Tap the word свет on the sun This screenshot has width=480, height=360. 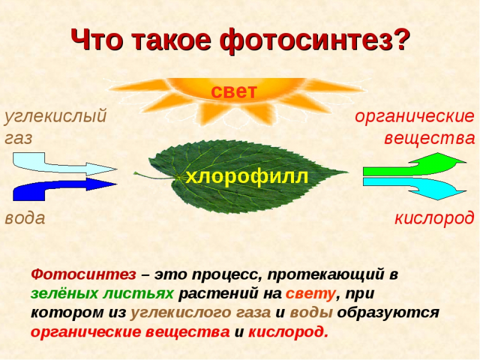click(x=233, y=92)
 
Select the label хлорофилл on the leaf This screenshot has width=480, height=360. click(x=247, y=176)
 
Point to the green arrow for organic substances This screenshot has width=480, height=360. click(x=414, y=166)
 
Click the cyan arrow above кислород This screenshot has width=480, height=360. click(x=414, y=187)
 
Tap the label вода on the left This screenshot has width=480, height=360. click(x=25, y=218)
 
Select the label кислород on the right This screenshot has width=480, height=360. click(x=434, y=218)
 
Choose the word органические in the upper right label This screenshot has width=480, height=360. click(x=414, y=116)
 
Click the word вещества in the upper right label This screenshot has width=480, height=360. click(x=429, y=139)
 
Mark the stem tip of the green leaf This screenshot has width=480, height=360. click(x=136, y=175)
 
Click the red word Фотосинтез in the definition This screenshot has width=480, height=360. click(x=84, y=275)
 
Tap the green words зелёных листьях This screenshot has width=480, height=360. click(x=103, y=294)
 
